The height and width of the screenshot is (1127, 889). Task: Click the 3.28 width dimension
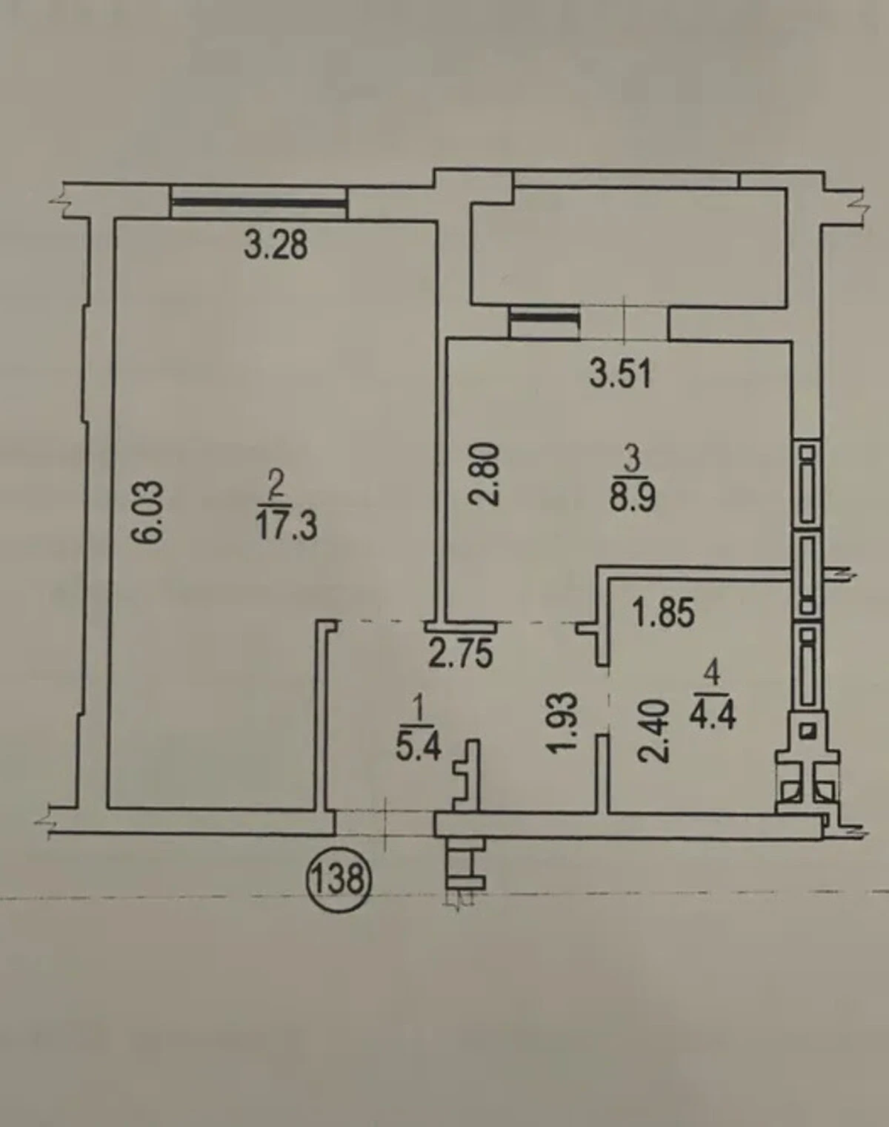point(276,245)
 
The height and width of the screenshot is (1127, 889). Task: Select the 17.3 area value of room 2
point(287,526)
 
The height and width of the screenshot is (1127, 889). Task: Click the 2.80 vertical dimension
point(482,474)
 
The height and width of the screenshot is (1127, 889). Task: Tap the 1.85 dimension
point(664,612)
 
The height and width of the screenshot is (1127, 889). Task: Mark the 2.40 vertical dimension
point(653,733)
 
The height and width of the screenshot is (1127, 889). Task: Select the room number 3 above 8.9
point(633,460)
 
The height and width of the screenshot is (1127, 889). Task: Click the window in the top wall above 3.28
point(259,204)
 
